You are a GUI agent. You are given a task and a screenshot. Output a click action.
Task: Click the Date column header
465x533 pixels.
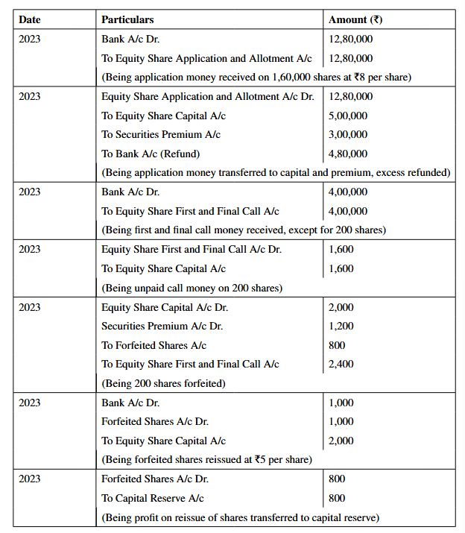pyautogui.click(x=30, y=19)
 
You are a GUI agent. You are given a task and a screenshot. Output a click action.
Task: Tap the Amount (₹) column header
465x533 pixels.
pyautogui.click(x=361, y=19)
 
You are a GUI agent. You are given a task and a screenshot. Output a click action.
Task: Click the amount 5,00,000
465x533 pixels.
pyautogui.click(x=347, y=116)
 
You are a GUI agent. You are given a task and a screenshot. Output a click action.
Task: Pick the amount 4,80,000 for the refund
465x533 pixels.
pyautogui.click(x=347, y=154)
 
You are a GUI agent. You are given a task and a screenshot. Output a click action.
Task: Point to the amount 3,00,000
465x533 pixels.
pyautogui.click(x=347, y=134)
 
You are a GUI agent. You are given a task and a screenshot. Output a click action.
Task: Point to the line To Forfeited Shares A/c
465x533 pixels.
pyautogui.click(x=154, y=345)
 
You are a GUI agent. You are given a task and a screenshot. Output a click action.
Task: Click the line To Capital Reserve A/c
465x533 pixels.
pyautogui.click(x=152, y=498)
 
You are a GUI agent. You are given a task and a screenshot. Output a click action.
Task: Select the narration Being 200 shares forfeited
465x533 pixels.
pyautogui.click(x=163, y=383)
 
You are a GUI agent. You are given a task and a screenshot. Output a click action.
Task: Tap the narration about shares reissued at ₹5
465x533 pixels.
pyautogui.click(x=206, y=459)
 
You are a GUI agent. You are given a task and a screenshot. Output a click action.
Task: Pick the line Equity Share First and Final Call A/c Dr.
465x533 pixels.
pyautogui.click(x=192, y=249)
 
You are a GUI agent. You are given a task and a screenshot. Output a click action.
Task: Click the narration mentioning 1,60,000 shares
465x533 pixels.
pyautogui.click(x=256, y=77)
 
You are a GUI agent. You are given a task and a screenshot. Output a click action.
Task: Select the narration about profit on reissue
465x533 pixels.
pyautogui.click(x=240, y=517)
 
